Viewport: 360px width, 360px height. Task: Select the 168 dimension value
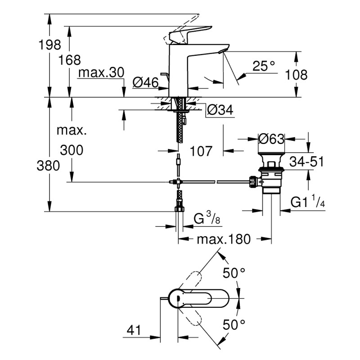[70, 59]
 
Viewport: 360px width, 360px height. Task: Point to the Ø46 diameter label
[146, 82]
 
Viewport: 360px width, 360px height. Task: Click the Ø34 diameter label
[220, 109]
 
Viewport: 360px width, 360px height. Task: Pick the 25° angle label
[263, 66]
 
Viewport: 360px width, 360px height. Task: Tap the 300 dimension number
[71, 150]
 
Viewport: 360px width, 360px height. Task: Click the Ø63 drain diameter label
[271, 139]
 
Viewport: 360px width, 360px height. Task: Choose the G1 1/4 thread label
[308, 203]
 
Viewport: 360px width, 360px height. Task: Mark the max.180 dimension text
[223, 239]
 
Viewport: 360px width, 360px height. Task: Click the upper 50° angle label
[235, 273]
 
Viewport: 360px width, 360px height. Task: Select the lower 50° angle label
[235, 324]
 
